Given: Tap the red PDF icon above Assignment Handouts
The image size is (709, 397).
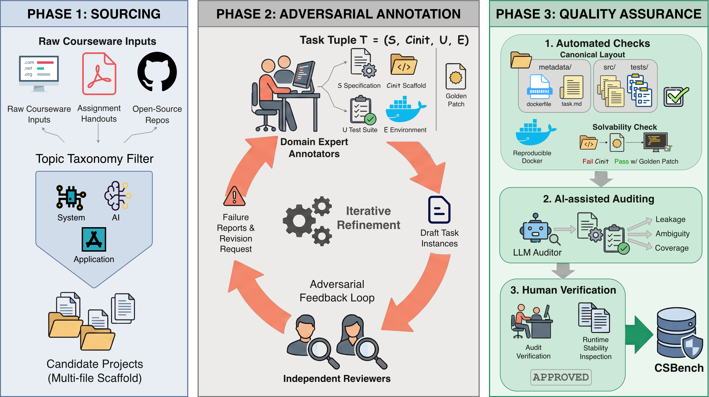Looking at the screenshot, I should click(99, 74).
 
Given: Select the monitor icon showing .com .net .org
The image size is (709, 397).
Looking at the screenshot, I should click(39, 73).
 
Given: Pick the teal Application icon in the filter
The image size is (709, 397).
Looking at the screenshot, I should click(94, 239).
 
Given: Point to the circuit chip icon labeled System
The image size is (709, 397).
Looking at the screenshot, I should click(71, 197).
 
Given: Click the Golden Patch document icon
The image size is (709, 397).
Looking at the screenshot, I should click(456, 76).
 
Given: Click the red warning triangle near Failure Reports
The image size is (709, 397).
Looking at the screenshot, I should click(234, 196).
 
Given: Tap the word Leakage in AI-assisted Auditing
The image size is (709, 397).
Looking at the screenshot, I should click(670, 219).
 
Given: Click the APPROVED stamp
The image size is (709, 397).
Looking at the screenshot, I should click(561, 377).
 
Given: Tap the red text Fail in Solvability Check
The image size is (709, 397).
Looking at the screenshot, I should click(587, 162).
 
